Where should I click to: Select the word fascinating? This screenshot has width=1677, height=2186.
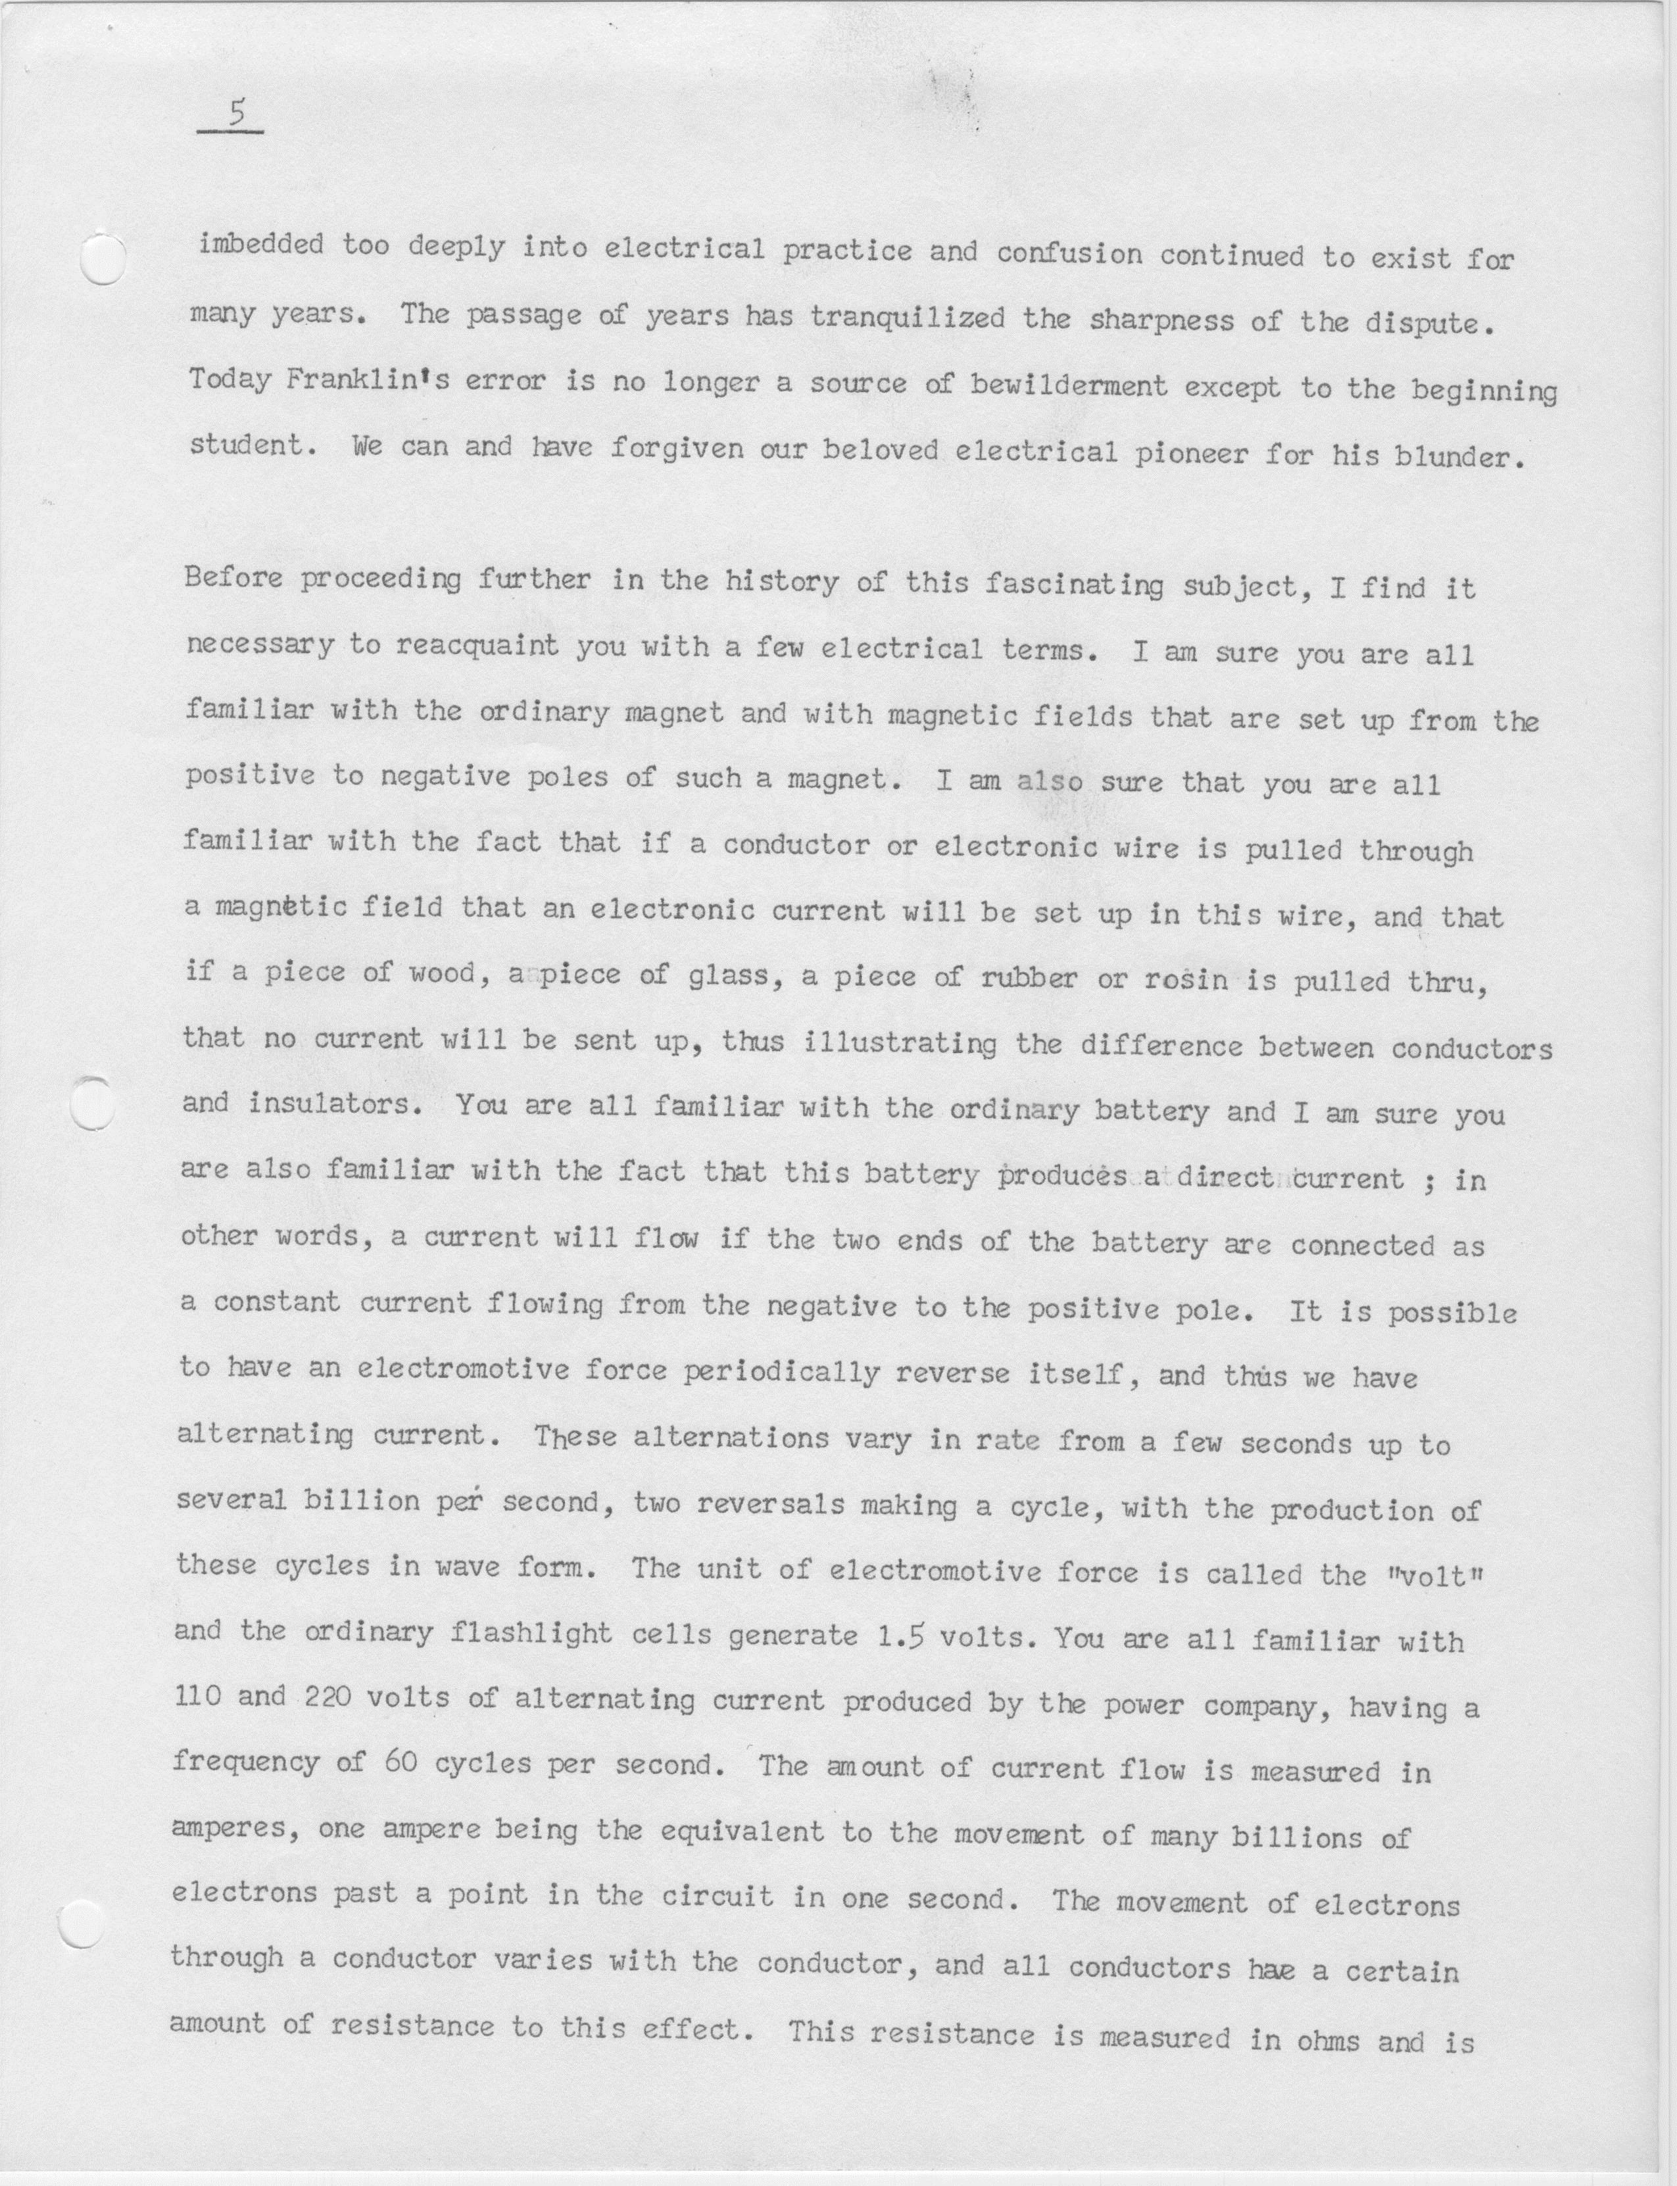click(x=1074, y=584)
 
